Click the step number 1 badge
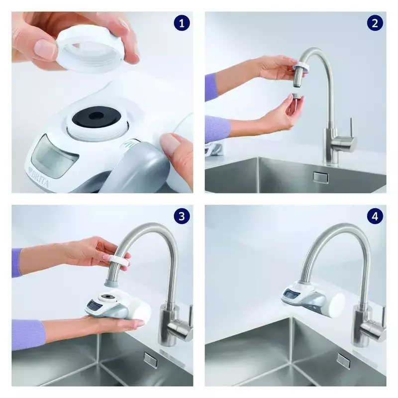(182, 23)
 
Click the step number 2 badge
(375, 23)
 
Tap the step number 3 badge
(182, 216)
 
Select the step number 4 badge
(375, 216)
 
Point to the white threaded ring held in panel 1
(91, 52)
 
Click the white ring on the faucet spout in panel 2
(301, 68)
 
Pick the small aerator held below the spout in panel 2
(296, 98)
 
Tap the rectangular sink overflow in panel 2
(321, 178)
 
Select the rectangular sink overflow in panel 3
(150, 360)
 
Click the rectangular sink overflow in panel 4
(343, 360)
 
